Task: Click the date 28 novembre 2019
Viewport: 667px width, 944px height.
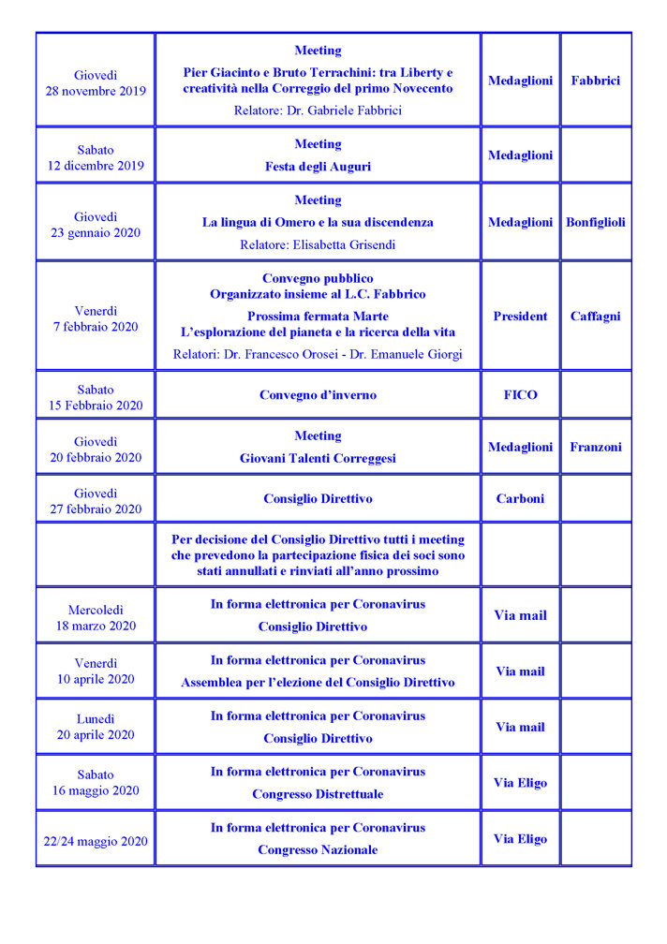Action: pos(96,91)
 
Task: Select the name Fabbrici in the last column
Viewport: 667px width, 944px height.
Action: pos(595,81)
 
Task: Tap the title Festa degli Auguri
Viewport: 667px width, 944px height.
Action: pos(318,167)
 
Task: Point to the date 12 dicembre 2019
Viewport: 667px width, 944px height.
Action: pos(96,166)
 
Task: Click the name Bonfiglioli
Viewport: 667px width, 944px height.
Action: pos(595,223)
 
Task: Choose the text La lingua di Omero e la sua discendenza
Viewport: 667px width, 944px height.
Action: pos(318,223)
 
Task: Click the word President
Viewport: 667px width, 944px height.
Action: pos(520,317)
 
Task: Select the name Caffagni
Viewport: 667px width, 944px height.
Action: pos(595,317)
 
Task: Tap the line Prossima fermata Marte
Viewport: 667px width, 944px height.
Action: pos(318,317)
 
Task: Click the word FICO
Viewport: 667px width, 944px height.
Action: pos(520,395)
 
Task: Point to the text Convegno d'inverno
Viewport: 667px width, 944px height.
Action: pos(318,395)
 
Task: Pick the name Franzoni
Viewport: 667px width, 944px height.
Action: pos(595,448)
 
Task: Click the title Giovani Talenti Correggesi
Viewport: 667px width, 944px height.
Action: pos(318,459)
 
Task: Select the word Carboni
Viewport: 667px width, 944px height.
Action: pos(520,499)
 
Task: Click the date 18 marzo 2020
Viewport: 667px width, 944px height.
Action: pos(96,626)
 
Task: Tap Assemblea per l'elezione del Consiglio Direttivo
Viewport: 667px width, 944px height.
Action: pos(318,683)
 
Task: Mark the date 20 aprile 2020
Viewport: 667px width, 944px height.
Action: pos(96,734)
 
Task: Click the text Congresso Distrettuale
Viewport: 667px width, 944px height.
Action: pos(318,794)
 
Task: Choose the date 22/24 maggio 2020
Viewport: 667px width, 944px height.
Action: pos(96,841)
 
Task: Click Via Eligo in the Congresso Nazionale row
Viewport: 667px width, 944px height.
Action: pos(520,839)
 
